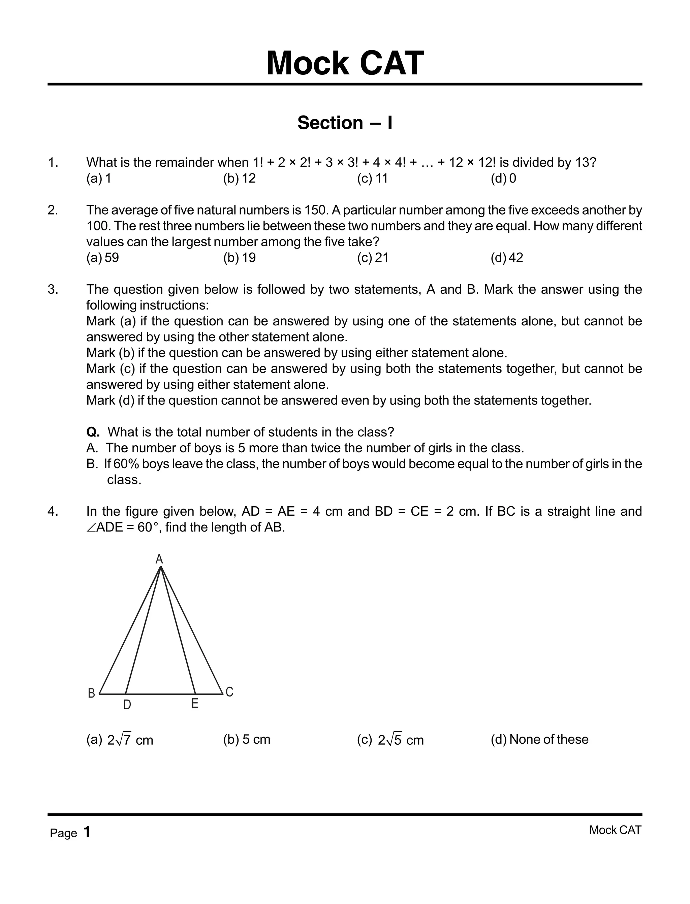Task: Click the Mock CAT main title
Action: [x=345, y=64]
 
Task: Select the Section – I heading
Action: [x=345, y=123]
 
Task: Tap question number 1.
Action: [x=53, y=163]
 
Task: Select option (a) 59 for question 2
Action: [x=103, y=258]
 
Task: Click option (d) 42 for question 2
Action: [x=507, y=258]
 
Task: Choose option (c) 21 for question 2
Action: [x=373, y=258]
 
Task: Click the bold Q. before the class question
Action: [x=93, y=432]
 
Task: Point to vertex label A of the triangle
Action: [x=159, y=559]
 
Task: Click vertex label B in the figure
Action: [x=92, y=693]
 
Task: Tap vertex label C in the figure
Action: [x=229, y=692]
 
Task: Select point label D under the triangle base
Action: [x=127, y=705]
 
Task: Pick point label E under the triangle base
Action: [x=195, y=704]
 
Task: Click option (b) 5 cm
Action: [x=246, y=739]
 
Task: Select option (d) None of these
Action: [x=539, y=739]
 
